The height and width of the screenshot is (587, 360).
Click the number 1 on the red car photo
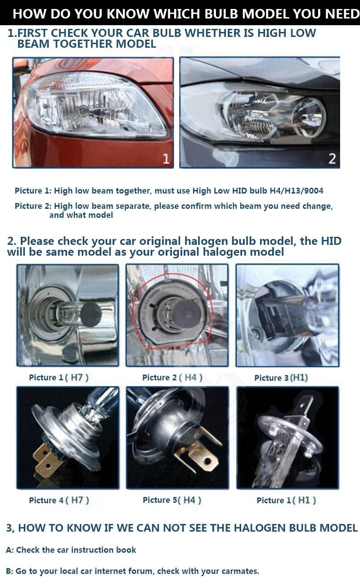(x=166, y=159)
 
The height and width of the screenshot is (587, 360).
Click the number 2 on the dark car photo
(x=332, y=159)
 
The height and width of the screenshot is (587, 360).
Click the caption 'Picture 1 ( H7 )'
(x=58, y=377)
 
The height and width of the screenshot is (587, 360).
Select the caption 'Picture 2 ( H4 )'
(x=172, y=377)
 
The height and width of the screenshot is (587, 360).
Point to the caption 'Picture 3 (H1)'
(x=281, y=378)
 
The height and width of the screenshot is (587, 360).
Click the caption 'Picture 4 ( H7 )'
(x=59, y=500)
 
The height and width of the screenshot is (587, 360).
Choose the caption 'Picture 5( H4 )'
(x=172, y=500)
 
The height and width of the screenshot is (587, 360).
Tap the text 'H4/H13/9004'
(x=297, y=191)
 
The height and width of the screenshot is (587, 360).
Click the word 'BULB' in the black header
(x=221, y=14)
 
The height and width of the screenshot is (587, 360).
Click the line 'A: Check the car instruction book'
(x=71, y=550)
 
